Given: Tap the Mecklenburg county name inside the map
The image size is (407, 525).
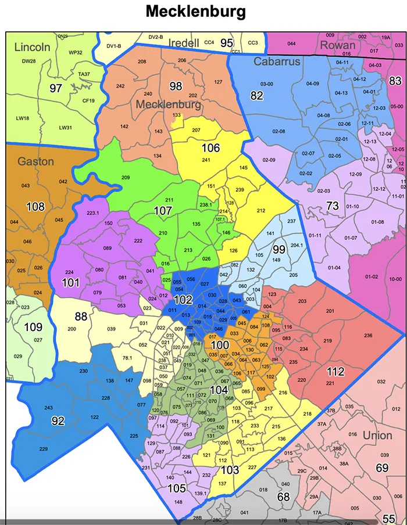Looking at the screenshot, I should click(x=168, y=105).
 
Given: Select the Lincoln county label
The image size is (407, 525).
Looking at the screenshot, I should click(x=33, y=47).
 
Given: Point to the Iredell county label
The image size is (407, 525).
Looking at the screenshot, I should click(x=184, y=43).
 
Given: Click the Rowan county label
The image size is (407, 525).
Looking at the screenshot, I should click(x=337, y=45).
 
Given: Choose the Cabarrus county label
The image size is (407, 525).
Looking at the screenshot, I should click(x=277, y=62).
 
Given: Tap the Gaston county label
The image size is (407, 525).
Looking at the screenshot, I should click(x=35, y=161).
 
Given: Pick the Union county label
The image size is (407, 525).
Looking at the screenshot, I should click(x=377, y=435).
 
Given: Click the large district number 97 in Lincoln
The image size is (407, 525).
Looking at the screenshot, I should click(x=56, y=88).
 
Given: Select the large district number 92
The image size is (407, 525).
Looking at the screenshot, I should click(x=58, y=421).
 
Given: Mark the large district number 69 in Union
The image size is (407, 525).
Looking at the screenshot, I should click(x=382, y=468).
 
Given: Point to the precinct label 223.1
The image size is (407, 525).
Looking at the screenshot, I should click(x=93, y=213).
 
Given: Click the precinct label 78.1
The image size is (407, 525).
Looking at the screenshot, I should click(x=127, y=358).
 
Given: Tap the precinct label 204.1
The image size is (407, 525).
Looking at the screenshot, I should click(x=297, y=245).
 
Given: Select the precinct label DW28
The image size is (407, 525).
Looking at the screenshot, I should click(x=29, y=61).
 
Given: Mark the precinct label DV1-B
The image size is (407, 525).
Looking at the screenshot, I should click(x=113, y=45).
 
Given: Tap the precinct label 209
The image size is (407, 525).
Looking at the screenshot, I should click(x=125, y=177).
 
